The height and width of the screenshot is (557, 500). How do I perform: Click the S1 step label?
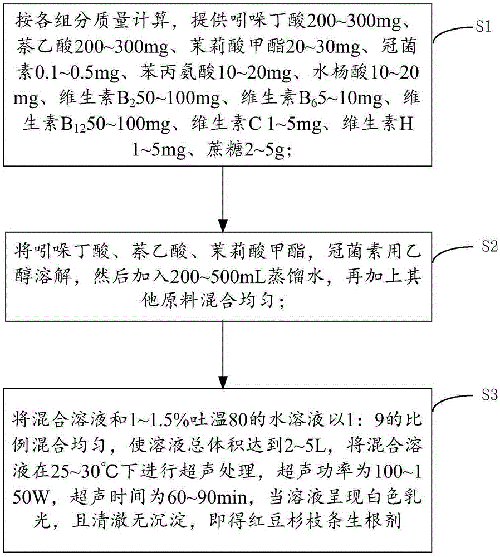click(477, 27)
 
